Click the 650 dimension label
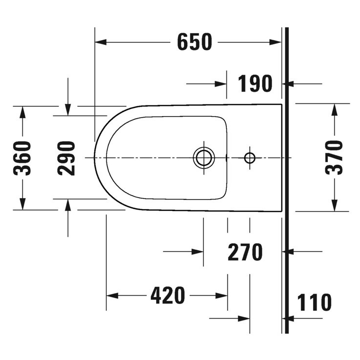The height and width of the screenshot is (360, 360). pyautogui.click(x=195, y=42)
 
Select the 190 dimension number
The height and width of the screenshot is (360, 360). pyautogui.click(x=255, y=84)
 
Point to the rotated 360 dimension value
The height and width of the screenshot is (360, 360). pyautogui.click(x=22, y=158)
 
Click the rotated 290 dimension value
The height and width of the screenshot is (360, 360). pyautogui.click(x=67, y=158)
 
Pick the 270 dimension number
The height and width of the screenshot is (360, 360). pyautogui.click(x=245, y=252)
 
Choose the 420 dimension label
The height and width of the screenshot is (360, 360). pyautogui.click(x=167, y=296)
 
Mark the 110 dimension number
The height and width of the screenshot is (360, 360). pyautogui.click(x=314, y=302)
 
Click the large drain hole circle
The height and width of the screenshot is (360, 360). pyautogui.click(x=203, y=158)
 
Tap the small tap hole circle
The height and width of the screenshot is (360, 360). pyautogui.click(x=249, y=158)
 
